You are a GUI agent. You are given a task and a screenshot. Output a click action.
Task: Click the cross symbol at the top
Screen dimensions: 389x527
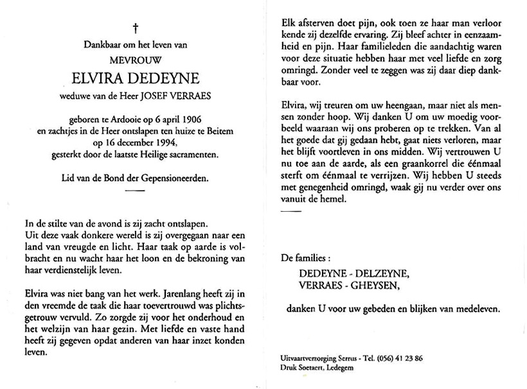click(x=136, y=28)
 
